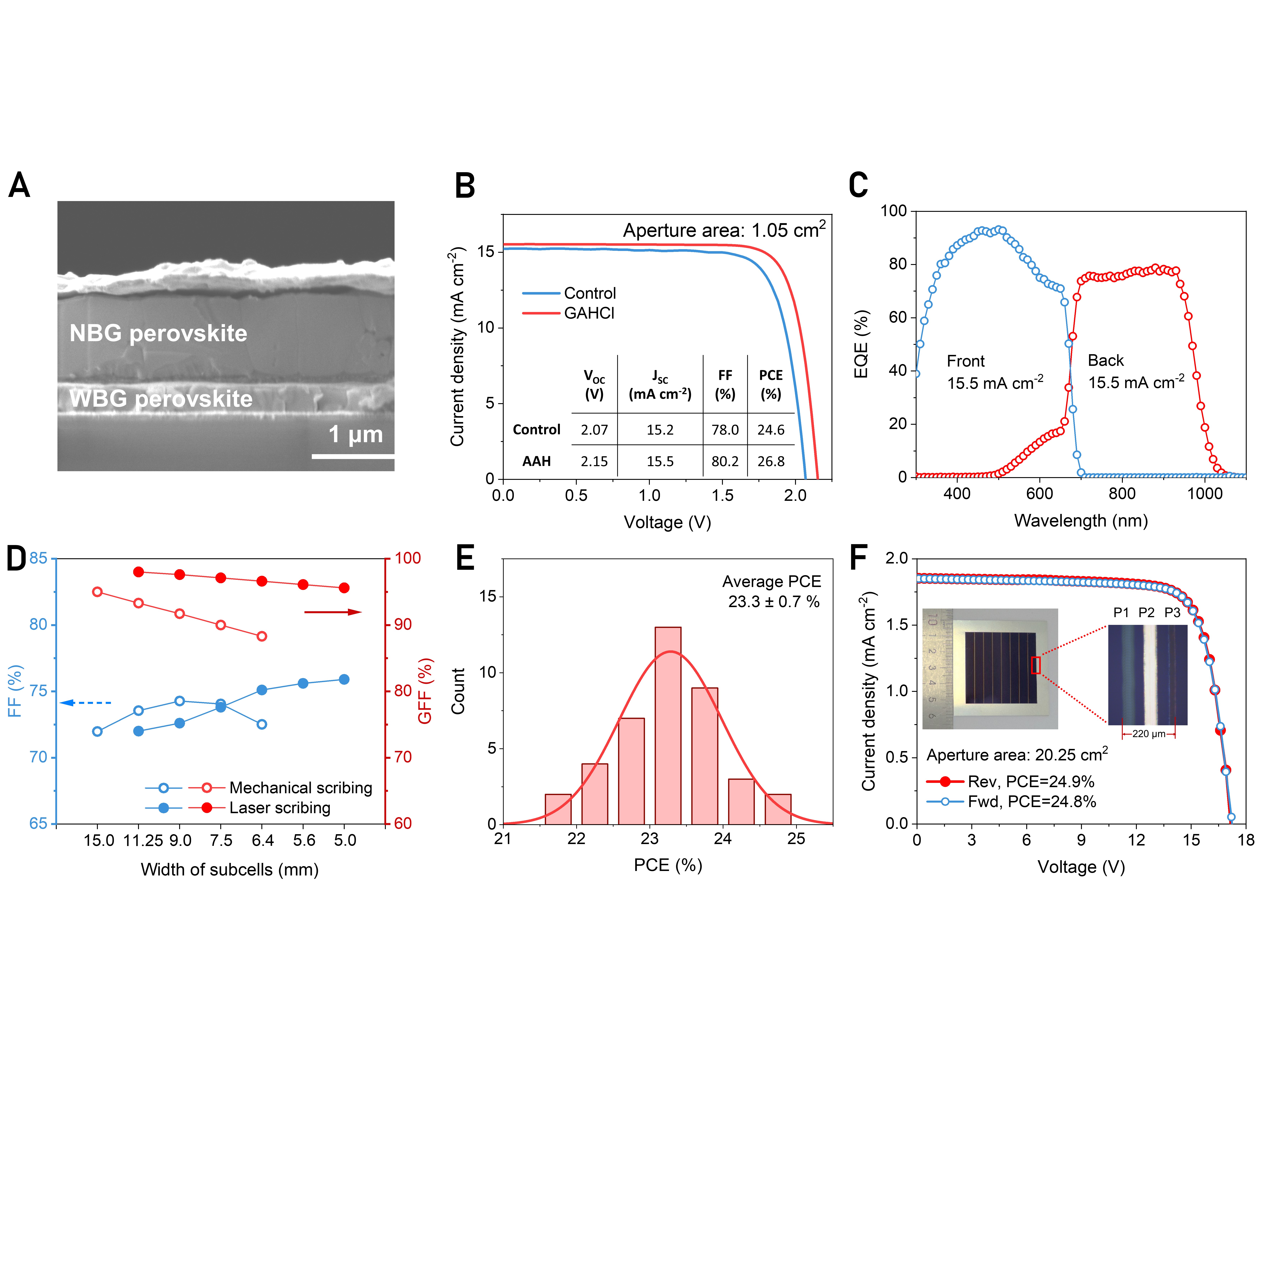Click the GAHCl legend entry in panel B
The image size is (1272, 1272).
click(x=589, y=313)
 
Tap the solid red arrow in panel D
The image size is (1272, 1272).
click(x=332, y=612)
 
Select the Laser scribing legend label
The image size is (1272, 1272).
click(x=280, y=808)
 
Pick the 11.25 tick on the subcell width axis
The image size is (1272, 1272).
click(x=143, y=841)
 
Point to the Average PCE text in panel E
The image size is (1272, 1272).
click(x=772, y=582)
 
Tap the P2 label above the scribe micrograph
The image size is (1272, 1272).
click(x=1146, y=613)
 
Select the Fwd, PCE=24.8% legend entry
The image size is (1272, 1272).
click(x=1032, y=802)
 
